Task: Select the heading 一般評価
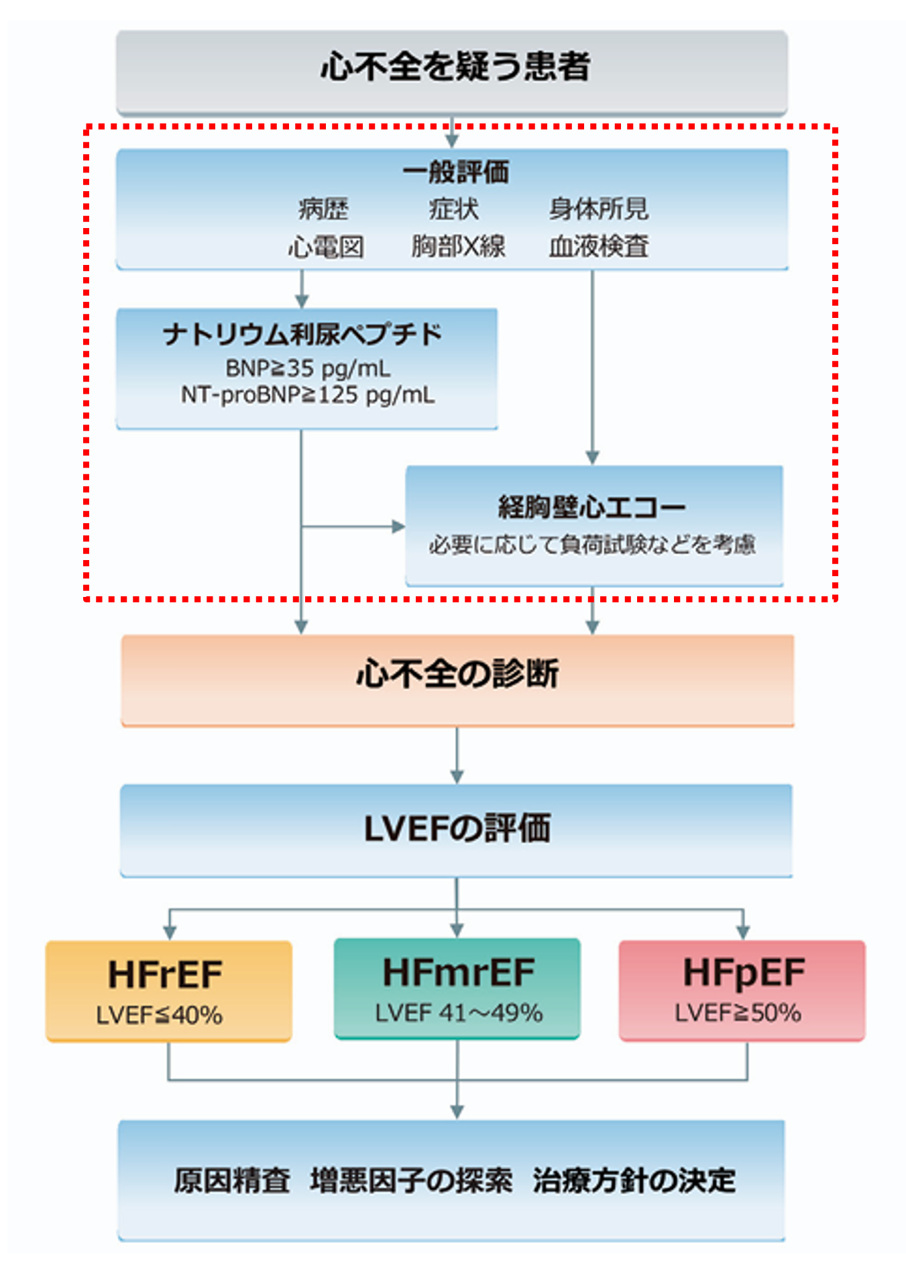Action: click(x=456, y=172)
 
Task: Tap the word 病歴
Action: click(x=323, y=209)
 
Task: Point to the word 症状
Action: click(x=454, y=209)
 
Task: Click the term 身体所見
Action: click(x=598, y=209)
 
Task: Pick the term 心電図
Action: click(x=326, y=247)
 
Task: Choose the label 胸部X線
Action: click(x=458, y=246)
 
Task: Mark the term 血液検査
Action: click(x=598, y=246)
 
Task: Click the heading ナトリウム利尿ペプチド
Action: click(x=302, y=334)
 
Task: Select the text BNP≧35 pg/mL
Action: click(x=308, y=368)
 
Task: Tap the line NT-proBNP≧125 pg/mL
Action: click(x=308, y=394)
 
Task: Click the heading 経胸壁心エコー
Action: click(x=591, y=506)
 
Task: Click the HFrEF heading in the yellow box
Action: click(x=166, y=974)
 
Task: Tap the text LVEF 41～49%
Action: click(x=459, y=1012)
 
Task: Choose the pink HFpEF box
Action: click(x=742, y=989)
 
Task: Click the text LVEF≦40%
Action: click(x=160, y=1015)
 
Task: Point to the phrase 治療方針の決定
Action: click(x=634, y=1180)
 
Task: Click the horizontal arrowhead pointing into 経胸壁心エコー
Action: click(x=398, y=527)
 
